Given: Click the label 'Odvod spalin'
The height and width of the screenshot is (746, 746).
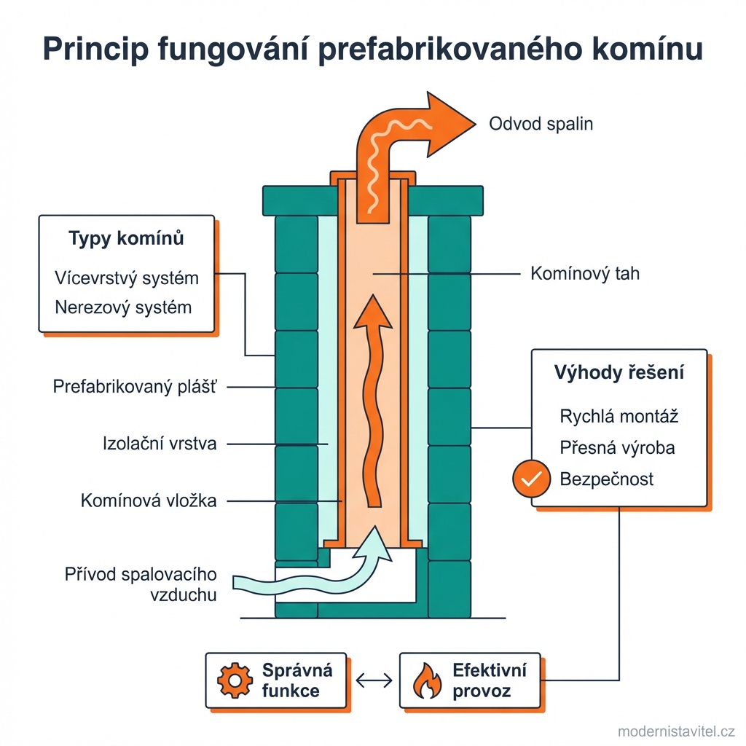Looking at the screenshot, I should click(541, 124).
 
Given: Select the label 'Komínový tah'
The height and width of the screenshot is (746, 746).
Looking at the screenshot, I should click(585, 274).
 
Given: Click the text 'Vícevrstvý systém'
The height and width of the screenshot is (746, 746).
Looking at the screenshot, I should click(127, 278).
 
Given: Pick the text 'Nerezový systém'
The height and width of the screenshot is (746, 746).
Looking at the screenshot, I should click(123, 307).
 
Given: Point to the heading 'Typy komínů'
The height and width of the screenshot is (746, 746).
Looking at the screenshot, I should click(126, 239).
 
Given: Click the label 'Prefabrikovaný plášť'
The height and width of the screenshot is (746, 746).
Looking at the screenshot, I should click(135, 387).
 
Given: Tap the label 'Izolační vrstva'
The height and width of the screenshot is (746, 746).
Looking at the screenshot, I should click(160, 444).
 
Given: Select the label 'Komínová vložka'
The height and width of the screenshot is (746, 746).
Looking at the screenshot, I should click(149, 500).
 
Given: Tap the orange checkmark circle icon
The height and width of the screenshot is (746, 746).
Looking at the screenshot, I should click(530, 479).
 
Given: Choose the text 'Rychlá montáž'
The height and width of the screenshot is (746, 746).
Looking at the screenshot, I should click(619, 416).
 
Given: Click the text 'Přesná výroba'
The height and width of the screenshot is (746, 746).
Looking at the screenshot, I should click(617, 447).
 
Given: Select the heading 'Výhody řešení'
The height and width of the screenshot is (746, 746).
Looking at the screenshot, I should click(619, 374).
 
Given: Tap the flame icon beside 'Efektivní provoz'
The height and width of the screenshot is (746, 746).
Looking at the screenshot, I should click(427, 680).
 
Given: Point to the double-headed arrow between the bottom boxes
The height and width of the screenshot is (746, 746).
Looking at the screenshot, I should click(374, 680).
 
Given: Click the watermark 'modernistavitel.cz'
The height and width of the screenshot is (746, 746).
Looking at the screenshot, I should click(675, 731).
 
